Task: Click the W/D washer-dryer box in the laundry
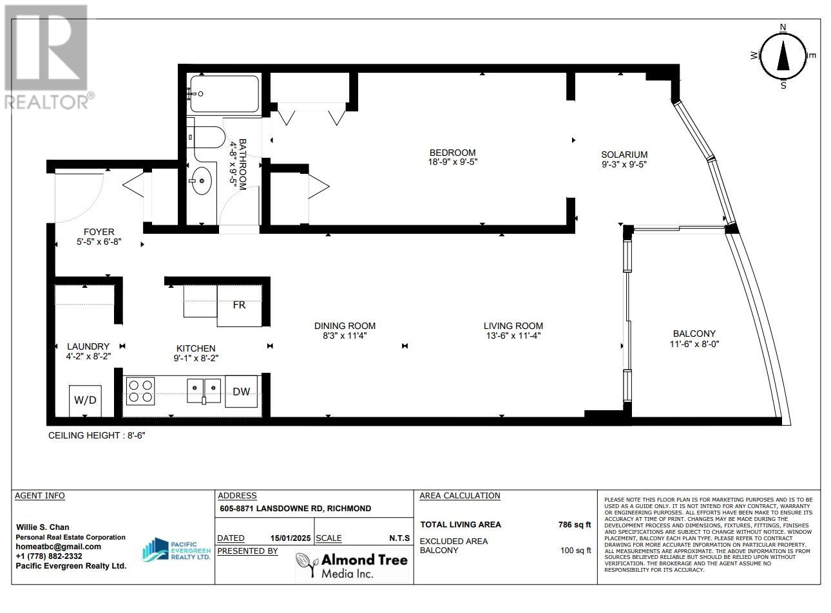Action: coord(86,401)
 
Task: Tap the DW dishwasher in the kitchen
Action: coord(241,391)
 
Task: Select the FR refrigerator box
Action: coord(239,305)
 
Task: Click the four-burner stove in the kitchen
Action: coord(140,391)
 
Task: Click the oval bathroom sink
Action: coord(202,182)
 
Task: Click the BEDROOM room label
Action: coord(452,153)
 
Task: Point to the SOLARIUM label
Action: coord(624,155)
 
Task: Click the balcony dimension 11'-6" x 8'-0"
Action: coord(694,344)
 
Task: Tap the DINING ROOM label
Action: coord(345,326)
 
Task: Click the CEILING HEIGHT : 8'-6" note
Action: coord(97,435)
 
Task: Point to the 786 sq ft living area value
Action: coord(574,524)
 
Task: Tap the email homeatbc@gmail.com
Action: coord(58,547)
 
